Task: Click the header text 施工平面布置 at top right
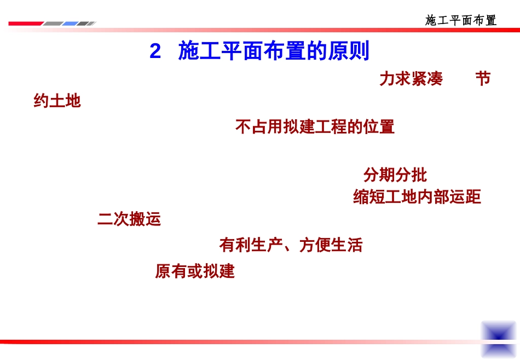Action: [x=461, y=21]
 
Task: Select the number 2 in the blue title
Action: [x=155, y=52]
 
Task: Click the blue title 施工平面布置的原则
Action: [x=274, y=52]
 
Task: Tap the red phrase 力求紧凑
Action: [x=411, y=79]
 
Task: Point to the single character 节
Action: [x=483, y=79]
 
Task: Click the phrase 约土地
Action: [x=57, y=101]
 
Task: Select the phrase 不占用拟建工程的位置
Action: [x=315, y=127]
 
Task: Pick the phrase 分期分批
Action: [x=395, y=175]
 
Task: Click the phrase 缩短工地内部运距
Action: [x=417, y=197]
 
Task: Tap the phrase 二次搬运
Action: [x=129, y=220]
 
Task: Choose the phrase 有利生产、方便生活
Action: [x=291, y=245]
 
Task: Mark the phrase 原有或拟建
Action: [x=195, y=271]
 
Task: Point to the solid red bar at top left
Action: [x=25, y=24]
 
